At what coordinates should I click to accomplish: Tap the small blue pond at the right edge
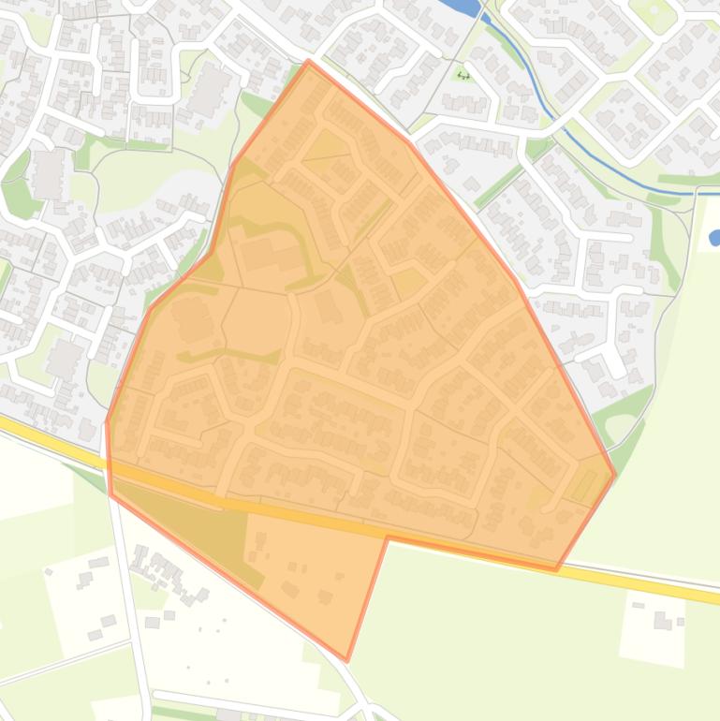click(715, 212)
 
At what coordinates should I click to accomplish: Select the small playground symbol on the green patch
click(463, 75)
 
